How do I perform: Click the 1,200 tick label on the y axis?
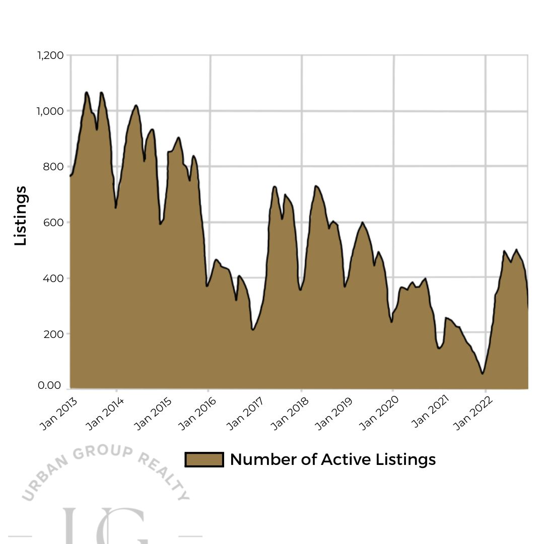pyautogui.click(x=50, y=55)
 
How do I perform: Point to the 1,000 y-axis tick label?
pyautogui.click(x=50, y=111)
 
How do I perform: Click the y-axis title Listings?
pyautogui.click(x=21, y=216)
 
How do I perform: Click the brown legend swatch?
pyautogui.click(x=204, y=459)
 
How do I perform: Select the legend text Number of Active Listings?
pyautogui.click(x=332, y=459)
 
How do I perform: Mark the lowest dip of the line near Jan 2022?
pyautogui.click(x=483, y=373)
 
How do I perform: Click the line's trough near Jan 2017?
pyautogui.click(x=253, y=329)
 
